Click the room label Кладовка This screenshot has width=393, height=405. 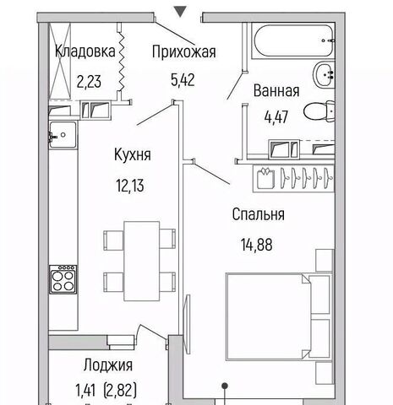[x=85, y=51]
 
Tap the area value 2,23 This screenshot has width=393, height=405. [x=89, y=82]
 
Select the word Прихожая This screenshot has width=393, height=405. [x=184, y=51]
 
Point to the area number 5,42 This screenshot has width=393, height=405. [x=183, y=80]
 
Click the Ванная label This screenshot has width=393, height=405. [x=276, y=90]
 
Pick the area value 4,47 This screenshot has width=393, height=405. [x=276, y=117]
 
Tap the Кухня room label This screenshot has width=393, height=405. [x=133, y=154]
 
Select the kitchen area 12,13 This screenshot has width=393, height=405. [x=130, y=186]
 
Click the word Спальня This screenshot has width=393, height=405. [x=259, y=214]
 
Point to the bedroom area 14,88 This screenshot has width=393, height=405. [x=256, y=245]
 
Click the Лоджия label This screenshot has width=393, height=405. [x=108, y=365]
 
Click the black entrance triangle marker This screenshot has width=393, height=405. [x=180, y=12]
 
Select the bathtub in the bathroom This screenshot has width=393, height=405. [x=293, y=41]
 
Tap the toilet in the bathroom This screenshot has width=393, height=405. [x=319, y=111]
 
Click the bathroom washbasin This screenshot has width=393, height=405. [x=324, y=74]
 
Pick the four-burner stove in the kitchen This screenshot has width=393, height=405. [x=63, y=279]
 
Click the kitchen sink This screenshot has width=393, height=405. [x=63, y=135]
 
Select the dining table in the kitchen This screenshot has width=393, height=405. [x=142, y=261]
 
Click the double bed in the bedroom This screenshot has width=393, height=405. [x=278, y=316]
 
